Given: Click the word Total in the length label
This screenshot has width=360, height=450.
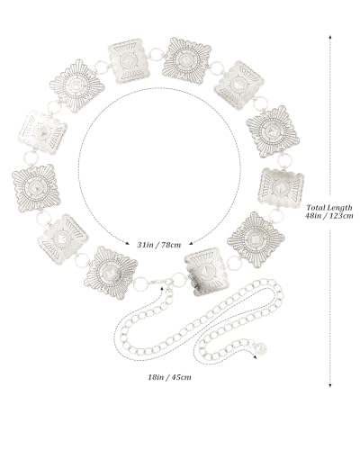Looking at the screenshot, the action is click(316, 207).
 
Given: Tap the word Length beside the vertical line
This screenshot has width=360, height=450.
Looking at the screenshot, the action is click(339, 208).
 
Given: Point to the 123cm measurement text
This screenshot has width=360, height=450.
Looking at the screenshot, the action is click(341, 216).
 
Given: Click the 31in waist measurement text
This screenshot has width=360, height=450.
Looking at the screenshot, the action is click(144, 245).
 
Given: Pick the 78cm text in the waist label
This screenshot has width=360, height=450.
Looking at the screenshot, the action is click(171, 245).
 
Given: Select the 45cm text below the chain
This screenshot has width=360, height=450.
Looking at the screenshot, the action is click(181, 377).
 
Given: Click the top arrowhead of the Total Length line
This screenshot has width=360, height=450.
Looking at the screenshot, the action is click(330, 37).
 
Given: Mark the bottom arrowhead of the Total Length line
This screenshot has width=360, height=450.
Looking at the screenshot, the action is click(330, 385).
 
